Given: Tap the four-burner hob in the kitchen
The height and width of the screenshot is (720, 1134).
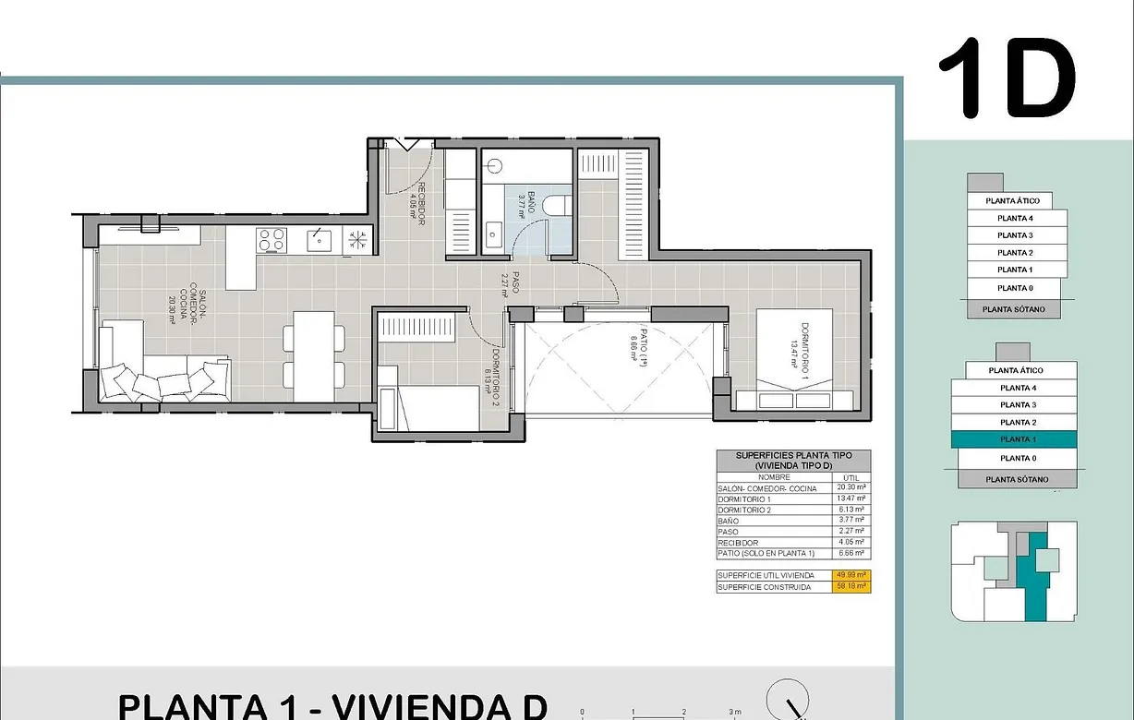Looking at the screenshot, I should coord(271,240).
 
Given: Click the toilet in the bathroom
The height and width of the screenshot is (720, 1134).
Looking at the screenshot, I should coord(556,205).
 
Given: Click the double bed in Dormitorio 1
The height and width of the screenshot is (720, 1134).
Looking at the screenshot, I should coord(794,360).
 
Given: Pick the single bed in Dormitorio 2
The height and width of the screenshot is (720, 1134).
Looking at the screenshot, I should coord(434,406).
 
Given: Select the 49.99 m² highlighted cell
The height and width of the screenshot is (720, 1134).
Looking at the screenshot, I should coord(850,575).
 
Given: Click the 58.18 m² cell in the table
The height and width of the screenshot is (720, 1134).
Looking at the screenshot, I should coord(850,586).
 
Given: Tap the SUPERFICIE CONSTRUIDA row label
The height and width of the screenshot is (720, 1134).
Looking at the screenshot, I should coord(765,586).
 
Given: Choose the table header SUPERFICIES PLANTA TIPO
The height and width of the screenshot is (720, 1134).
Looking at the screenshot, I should coord(792,456).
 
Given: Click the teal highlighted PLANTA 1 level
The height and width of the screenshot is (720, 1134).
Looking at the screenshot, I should coord(1016,439).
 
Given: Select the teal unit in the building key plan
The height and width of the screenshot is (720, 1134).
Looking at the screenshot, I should coord(1037,577).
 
